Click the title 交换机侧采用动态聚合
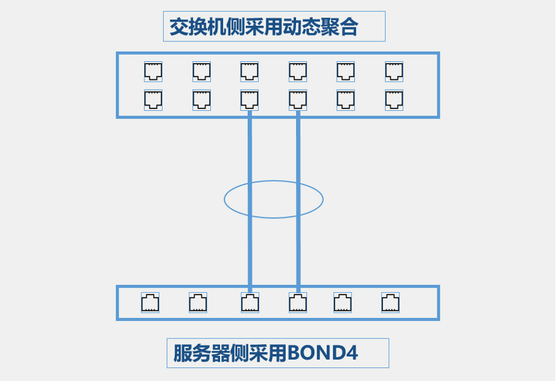pos(264,27)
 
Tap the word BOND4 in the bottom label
pos(323,353)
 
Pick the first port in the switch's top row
pos(153,71)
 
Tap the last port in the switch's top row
pos(394,71)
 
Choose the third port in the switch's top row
pos(250,71)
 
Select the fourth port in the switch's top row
pos(297,71)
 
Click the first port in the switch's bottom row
pos(153,99)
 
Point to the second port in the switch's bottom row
pos(201,99)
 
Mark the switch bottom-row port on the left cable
pos(250,99)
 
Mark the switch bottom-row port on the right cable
pos(297,99)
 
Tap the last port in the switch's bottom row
pos(394,99)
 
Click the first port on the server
pos(150,302)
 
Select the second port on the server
pos(198,302)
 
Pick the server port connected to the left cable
pos(250,302)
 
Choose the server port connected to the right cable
pos(297,302)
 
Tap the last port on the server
pos(390,302)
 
